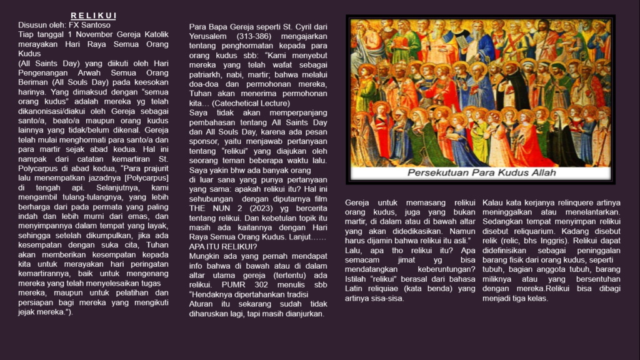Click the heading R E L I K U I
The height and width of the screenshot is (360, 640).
(x=93, y=16)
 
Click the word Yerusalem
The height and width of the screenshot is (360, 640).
(x=208, y=36)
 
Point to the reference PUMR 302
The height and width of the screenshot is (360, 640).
(x=254, y=285)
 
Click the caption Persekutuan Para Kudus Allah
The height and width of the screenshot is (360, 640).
(x=479, y=172)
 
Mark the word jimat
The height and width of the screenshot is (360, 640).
(x=412, y=259)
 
